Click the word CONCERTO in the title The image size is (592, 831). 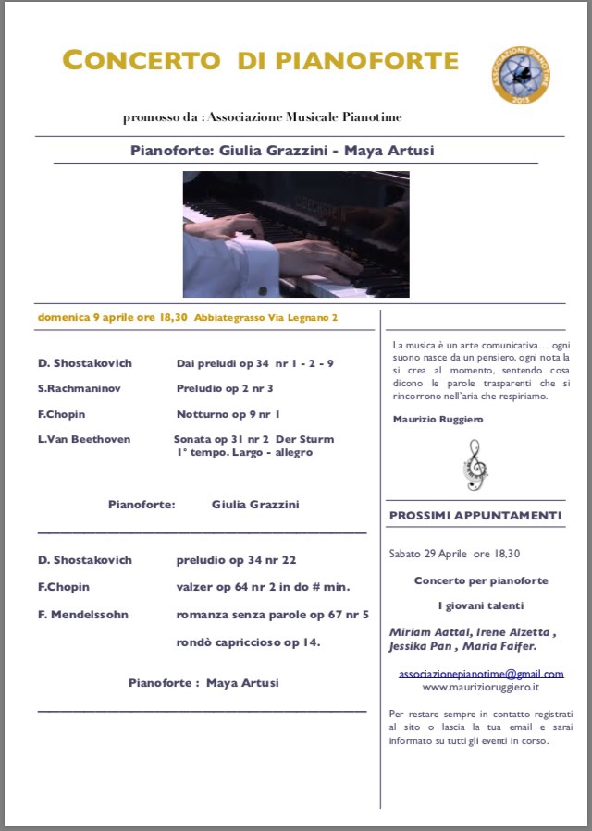(x=142, y=61)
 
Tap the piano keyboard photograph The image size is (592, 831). (x=296, y=234)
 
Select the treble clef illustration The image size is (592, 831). (x=475, y=464)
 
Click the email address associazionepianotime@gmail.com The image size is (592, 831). (x=481, y=674)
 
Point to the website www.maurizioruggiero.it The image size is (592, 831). (x=481, y=687)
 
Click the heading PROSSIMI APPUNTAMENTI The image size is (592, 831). (x=475, y=516)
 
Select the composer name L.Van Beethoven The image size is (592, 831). (x=84, y=439)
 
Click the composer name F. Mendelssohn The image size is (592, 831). (x=83, y=614)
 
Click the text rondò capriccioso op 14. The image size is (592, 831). (x=248, y=642)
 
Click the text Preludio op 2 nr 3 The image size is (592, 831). (x=225, y=388)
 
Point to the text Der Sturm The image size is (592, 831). (x=306, y=439)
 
